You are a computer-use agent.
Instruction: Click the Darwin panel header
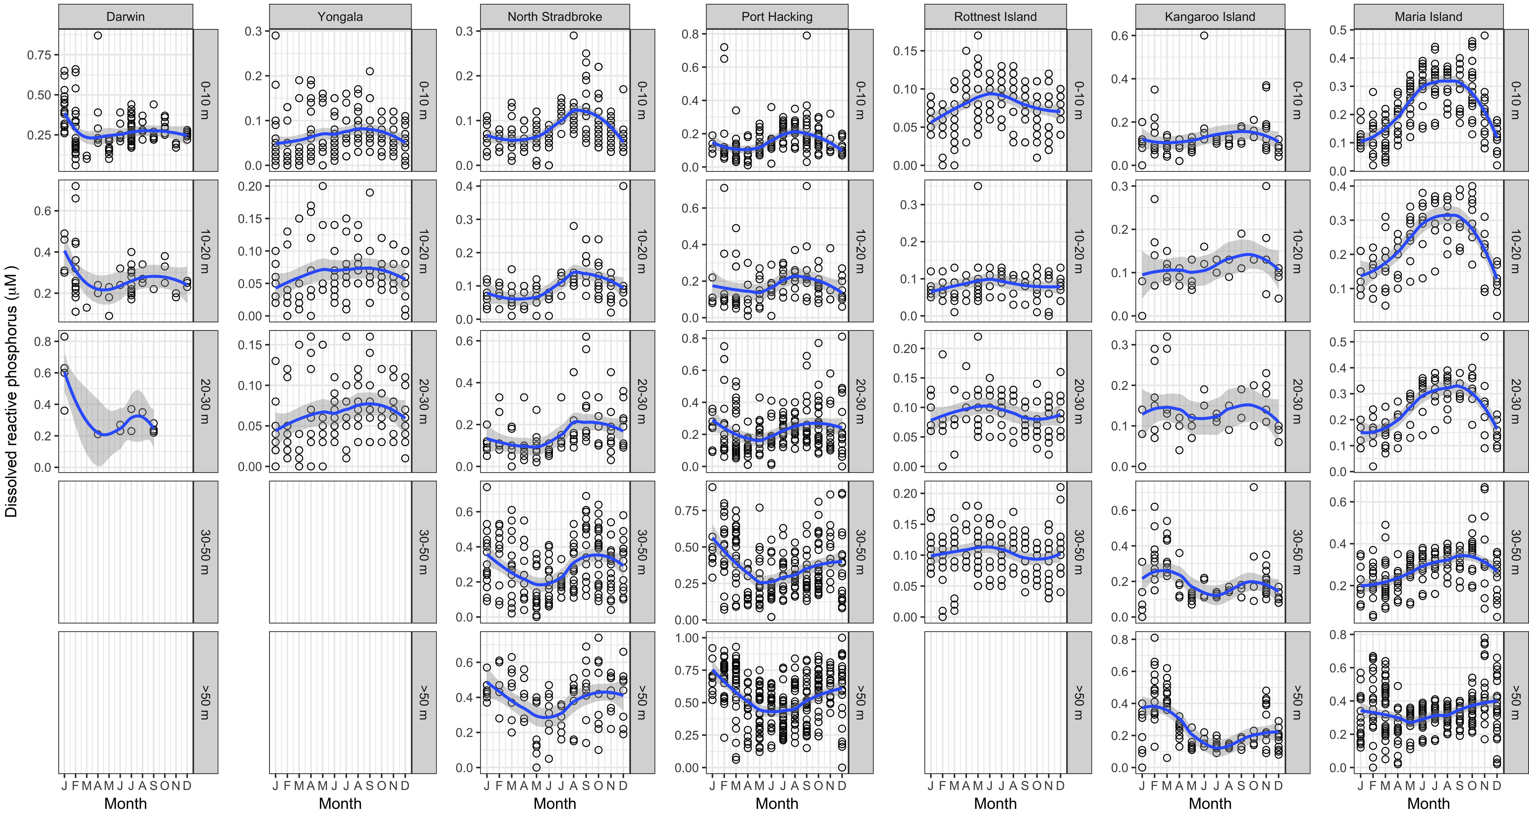click(x=125, y=17)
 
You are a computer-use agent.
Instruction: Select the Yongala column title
click(x=340, y=17)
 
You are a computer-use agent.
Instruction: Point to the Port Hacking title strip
click(x=777, y=17)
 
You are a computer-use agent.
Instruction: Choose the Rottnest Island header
click(x=995, y=17)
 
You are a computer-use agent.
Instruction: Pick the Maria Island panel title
click(x=1429, y=17)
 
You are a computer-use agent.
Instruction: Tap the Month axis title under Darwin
click(x=125, y=804)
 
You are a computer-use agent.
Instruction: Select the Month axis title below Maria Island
click(x=1429, y=804)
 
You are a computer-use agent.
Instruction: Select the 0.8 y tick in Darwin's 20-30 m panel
click(x=43, y=341)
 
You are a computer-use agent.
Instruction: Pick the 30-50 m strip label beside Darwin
click(x=205, y=552)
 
